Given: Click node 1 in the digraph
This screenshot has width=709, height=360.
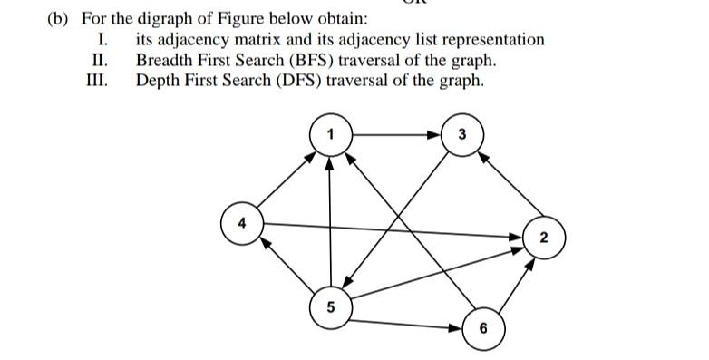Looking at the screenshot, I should point(330,134).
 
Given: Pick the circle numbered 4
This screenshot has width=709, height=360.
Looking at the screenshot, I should point(241,222).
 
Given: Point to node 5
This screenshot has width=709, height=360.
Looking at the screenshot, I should point(330,306).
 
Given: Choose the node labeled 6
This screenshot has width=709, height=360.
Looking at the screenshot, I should point(482,327).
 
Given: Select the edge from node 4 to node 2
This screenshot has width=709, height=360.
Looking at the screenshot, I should point(390,229).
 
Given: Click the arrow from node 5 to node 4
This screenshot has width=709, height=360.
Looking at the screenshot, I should point(286,265).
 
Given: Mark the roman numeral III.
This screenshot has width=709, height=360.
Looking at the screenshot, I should point(96,80).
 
